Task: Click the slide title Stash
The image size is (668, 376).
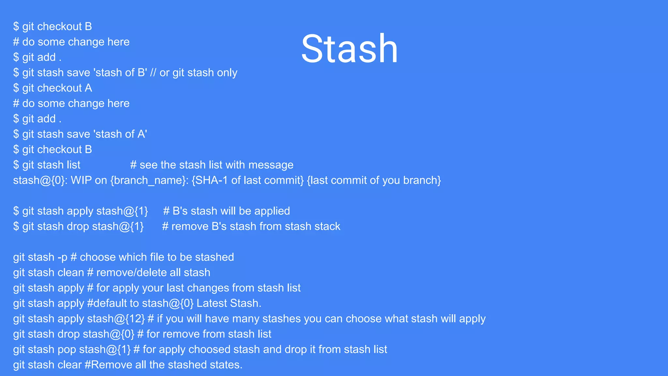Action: [x=349, y=49]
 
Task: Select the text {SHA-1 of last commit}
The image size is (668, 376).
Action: [x=248, y=180]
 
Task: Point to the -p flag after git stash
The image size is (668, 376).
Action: [x=62, y=257]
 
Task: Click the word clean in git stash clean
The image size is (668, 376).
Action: [x=69, y=273]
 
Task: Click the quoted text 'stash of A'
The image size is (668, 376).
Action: [x=120, y=134]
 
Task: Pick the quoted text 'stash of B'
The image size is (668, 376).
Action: [x=120, y=72]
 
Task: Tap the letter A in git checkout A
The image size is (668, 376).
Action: [x=88, y=88]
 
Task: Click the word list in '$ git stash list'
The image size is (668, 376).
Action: [x=73, y=165]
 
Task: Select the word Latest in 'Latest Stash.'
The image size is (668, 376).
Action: [x=212, y=303]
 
